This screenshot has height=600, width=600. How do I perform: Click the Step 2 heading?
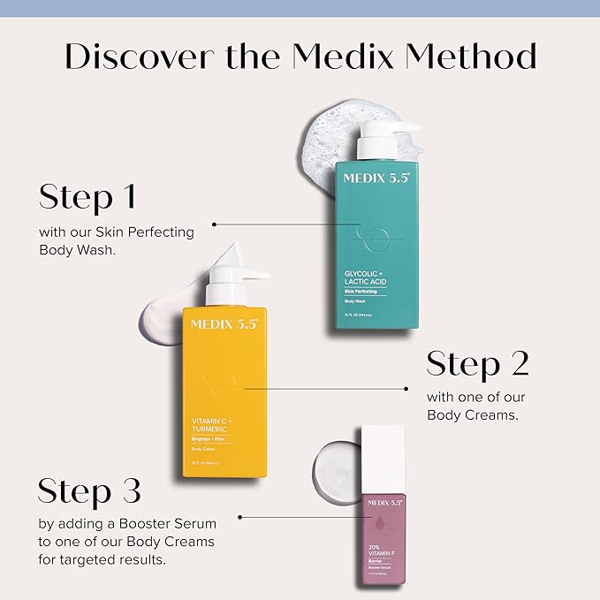(477, 363)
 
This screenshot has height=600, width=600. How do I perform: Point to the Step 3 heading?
(89, 491)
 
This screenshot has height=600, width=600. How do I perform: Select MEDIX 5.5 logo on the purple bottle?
(384, 502)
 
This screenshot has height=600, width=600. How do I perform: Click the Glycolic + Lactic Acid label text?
(365, 277)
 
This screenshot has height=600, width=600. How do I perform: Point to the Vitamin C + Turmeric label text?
(216, 425)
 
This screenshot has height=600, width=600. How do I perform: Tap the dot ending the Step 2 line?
(406, 388)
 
